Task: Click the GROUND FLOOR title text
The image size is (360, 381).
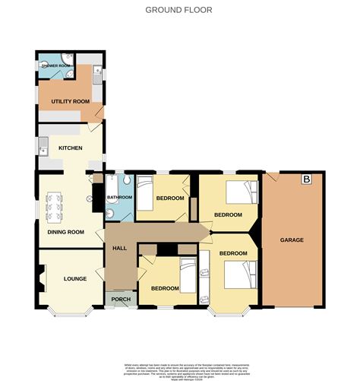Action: pyautogui.click(x=179, y=10)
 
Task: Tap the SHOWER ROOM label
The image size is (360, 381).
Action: pyautogui.click(x=55, y=66)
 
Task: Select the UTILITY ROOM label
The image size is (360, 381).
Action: pyautogui.click(x=70, y=101)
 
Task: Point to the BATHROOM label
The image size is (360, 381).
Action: pyautogui.click(x=119, y=198)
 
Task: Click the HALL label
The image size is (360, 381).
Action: pyautogui.click(x=119, y=248)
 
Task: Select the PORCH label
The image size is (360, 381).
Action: pyautogui.click(x=121, y=299)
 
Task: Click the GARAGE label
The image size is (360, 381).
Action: pyautogui.click(x=292, y=240)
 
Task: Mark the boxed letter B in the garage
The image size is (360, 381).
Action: pyautogui.click(x=306, y=180)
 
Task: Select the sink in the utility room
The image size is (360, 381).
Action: pyautogui.click(x=97, y=75)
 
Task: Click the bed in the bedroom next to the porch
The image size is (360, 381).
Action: pyautogui.click(x=188, y=274)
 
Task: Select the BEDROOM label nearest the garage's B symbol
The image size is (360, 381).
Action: pyautogui.click(x=227, y=215)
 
